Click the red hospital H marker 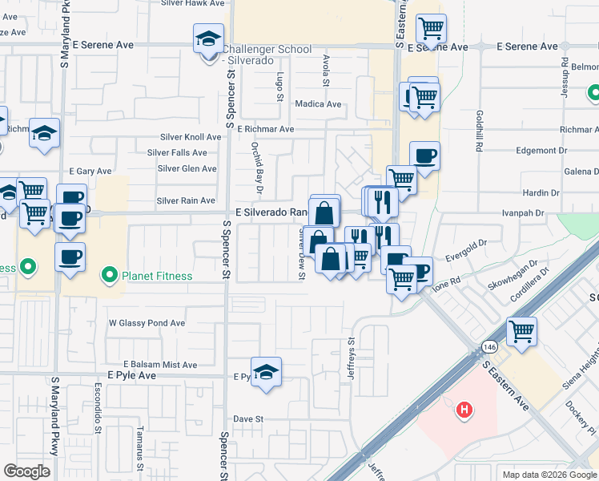[x=464, y=411]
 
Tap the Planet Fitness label [x=157, y=277]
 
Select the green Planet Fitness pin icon [x=110, y=277]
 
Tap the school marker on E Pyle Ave [x=266, y=373]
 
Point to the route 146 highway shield [x=487, y=346]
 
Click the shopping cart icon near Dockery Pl [x=521, y=331]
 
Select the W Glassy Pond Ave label [x=147, y=323]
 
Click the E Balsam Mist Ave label [x=159, y=365]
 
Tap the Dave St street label [x=248, y=418]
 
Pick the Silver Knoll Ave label [x=190, y=137]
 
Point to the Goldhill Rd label [x=478, y=131]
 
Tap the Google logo [x=27, y=471]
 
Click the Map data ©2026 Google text [x=548, y=474]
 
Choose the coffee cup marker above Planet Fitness [x=70, y=257]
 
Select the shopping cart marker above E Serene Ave [x=431, y=30]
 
